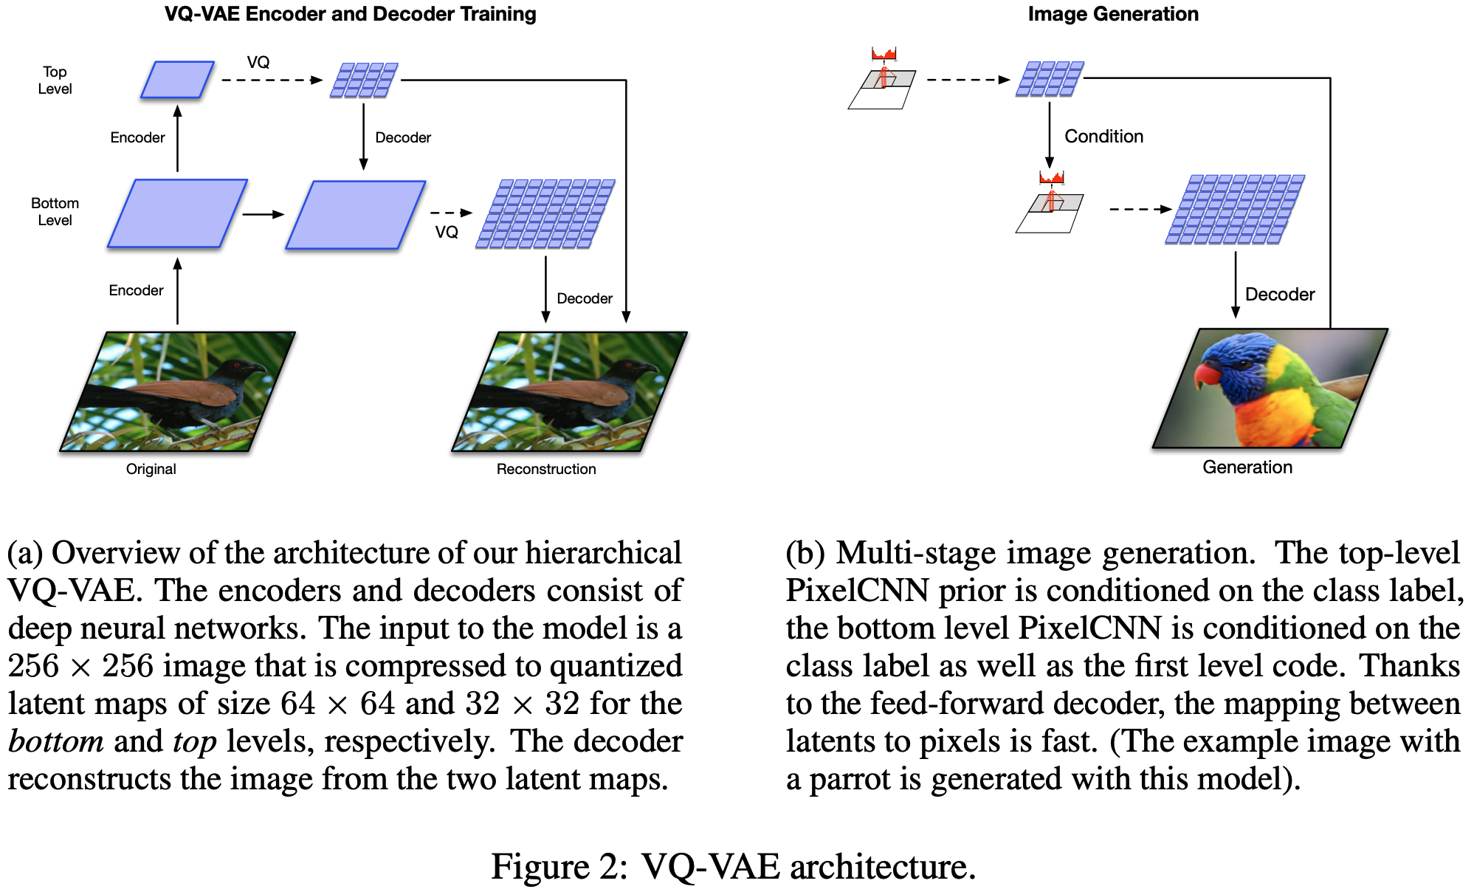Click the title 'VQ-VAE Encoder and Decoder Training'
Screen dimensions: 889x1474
coord(350,14)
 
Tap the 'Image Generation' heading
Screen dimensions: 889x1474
coord(1112,14)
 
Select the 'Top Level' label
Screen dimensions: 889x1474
coord(55,80)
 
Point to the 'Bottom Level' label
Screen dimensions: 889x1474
coord(55,212)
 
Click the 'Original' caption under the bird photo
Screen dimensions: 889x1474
coord(151,469)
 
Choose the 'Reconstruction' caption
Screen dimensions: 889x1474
coord(545,469)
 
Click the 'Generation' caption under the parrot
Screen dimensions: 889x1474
coord(1247,467)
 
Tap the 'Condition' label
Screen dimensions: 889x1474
coord(1103,137)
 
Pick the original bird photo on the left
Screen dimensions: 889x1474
coord(177,391)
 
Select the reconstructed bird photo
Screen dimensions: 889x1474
coord(569,391)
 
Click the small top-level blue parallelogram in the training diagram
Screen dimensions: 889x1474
coord(177,80)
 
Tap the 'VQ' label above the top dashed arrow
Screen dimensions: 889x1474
coord(258,62)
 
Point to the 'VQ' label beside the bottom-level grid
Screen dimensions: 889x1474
coord(446,233)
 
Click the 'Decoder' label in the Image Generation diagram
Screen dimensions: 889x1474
coord(1279,295)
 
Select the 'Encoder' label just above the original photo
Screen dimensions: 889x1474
coord(136,290)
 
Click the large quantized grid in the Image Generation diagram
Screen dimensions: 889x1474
coord(1235,210)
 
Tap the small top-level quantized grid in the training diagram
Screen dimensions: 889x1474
coord(364,80)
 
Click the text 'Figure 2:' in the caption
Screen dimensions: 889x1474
coord(559,866)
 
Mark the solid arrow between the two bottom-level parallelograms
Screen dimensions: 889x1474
coord(263,214)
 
